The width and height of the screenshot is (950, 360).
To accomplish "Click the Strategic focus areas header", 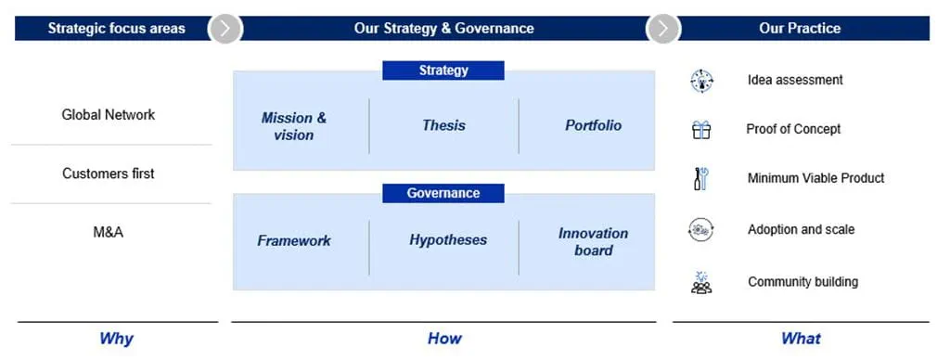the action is (116, 29).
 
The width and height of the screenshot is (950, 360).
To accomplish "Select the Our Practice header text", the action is (800, 29).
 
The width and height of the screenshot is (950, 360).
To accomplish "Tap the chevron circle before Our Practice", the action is (663, 29).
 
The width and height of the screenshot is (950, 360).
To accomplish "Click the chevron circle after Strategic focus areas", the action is (225, 29).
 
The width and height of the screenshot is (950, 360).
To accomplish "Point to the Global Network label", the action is (109, 114).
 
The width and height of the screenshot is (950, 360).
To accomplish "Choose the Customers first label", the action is (109, 174).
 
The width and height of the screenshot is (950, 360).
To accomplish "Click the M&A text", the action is (109, 232).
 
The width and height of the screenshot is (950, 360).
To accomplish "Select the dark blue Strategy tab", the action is (443, 71).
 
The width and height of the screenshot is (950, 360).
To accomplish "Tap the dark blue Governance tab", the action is (443, 193).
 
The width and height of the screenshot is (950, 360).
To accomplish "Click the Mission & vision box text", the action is (294, 126).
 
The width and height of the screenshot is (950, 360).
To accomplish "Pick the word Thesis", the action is (444, 125).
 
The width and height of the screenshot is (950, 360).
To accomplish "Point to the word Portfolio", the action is (593, 125).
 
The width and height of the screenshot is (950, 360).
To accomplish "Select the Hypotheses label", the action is (448, 240).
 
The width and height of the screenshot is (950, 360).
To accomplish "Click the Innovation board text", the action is (593, 242).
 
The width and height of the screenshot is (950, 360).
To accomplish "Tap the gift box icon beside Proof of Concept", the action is (701, 130).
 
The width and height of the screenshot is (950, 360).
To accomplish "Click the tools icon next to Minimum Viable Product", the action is (701, 179).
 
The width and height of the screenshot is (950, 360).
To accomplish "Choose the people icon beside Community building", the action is (701, 282).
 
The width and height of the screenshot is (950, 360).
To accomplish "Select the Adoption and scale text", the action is (801, 230).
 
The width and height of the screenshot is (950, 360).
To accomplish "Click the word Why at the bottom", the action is (116, 338).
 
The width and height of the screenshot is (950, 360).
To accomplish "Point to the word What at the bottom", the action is (801, 338).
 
